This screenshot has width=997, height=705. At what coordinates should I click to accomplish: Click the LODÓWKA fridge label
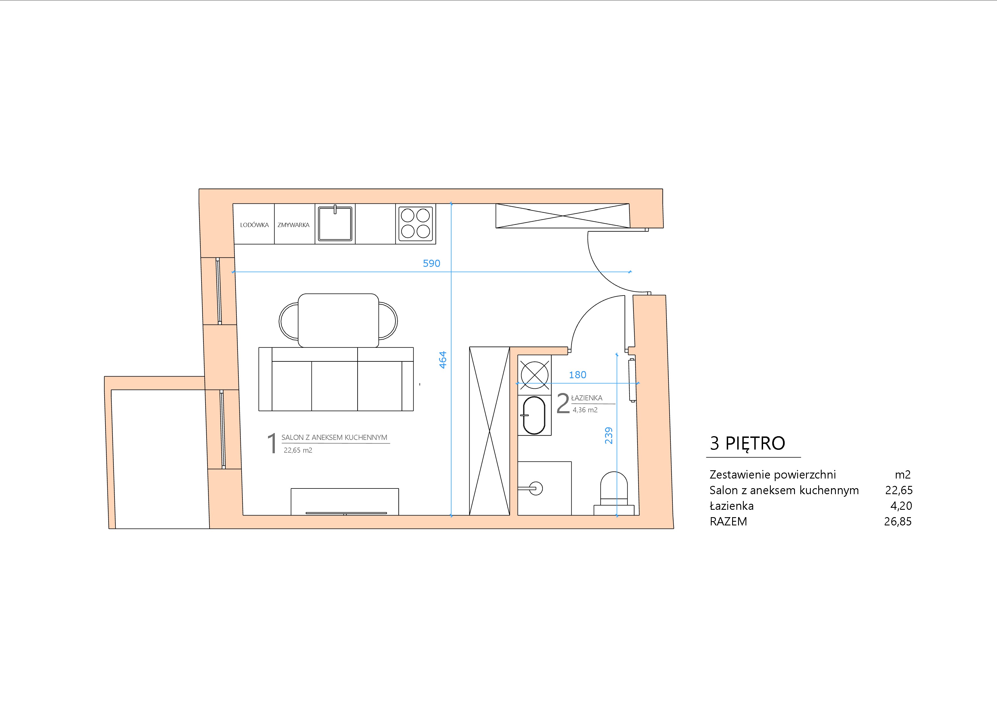tap(254, 225)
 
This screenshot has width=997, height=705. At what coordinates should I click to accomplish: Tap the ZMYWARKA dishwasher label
tap(294, 225)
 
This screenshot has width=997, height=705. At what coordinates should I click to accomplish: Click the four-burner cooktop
tap(416, 224)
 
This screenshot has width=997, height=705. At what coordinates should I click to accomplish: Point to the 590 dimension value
tap(432, 263)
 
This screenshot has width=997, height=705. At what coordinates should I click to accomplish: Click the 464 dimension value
tap(443, 360)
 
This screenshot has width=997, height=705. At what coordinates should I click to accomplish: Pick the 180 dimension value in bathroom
tap(578, 375)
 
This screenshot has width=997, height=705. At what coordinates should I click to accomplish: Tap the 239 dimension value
tap(609, 435)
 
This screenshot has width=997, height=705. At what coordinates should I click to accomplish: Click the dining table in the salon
tap(338, 320)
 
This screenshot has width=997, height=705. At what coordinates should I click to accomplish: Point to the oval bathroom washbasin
tap(534, 415)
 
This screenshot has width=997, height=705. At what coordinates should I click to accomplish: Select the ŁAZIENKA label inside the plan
tap(587, 398)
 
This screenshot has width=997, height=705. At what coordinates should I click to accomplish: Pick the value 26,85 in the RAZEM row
tap(898, 521)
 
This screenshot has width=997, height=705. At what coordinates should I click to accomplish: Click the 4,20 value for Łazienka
tap(901, 506)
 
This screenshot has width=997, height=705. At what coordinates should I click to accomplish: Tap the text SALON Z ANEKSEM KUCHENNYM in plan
tap(334, 438)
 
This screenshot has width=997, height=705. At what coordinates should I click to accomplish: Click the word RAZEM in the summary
tap(728, 521)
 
